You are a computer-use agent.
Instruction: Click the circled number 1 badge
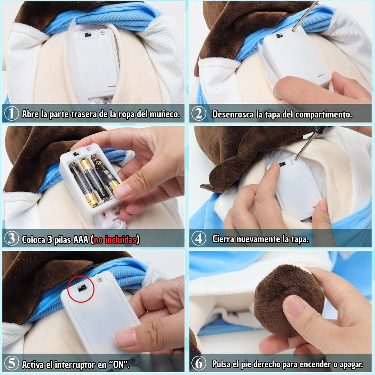[x=11, y=114]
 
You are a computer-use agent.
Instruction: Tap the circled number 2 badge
[x=199, y=114]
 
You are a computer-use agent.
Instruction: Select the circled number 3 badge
[x=11, y=239]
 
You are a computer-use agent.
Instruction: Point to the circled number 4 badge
[x=199, y=239]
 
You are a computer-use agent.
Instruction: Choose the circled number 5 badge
[x=11, y=364]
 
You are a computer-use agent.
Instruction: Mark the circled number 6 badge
[x=199, y=364]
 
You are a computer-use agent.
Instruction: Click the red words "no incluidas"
[x=115, y=239]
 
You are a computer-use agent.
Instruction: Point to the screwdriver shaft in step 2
[x=306, y=16]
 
